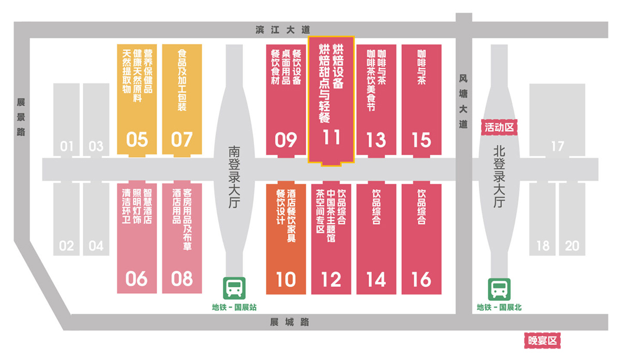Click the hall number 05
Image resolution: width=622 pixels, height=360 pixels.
coord(137,140)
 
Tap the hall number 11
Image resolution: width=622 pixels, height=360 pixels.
coord(331,137)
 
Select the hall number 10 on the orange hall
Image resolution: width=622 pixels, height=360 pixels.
coord(286,280)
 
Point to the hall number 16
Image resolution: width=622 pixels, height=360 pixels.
coord(421,280)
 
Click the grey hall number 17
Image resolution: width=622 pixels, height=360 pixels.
coord(557,147)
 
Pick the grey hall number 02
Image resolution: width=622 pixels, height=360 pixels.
coord(66,245)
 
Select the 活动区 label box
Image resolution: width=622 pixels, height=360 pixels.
coord(500,127)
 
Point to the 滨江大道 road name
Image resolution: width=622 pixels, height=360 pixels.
coord(282,30)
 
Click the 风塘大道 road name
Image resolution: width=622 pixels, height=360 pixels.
coord(463,102)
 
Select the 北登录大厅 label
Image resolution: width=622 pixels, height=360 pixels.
coord(499,176)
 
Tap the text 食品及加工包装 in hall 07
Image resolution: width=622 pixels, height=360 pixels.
coord(182,81)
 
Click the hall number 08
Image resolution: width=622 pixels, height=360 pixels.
coord(182,280)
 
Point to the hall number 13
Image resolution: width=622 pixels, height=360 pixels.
coord(376,140)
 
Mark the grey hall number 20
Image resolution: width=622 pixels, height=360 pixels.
coord(572,245)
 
